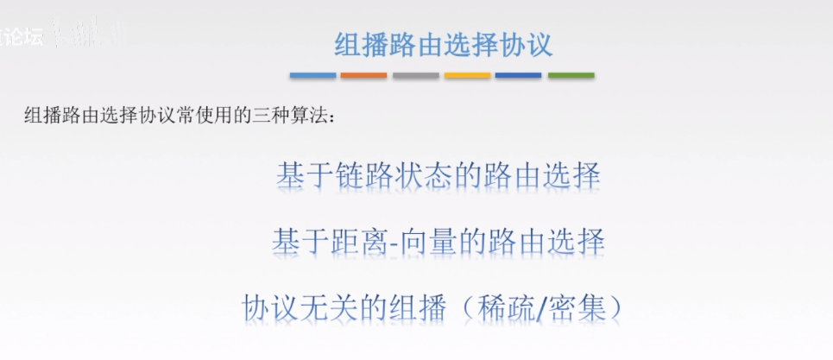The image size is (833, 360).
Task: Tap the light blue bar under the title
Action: click(x=312, y=76)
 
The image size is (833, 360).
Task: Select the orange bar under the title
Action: click(x=363, y=76)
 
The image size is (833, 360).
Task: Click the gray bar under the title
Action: click(x=415, y=76)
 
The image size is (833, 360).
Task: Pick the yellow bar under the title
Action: click(x=467, y=76)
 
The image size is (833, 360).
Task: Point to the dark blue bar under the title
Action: click(x=519, y=76)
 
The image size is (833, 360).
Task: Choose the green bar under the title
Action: click(x=571, y=76)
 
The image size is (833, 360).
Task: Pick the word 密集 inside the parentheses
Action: click(x=577, y=307)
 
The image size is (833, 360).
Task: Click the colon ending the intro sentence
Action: click(x=330, y=117)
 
